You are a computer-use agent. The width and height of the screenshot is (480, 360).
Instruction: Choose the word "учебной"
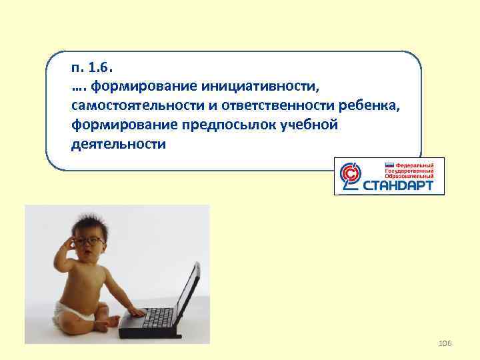(x=307, y=125)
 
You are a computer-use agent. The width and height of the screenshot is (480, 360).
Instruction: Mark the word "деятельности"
(x=117, y=144)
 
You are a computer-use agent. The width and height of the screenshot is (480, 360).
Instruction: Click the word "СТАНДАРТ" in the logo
(x=403, y=185)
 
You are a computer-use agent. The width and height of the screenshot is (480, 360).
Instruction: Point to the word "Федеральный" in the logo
(x=415, y=164)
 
